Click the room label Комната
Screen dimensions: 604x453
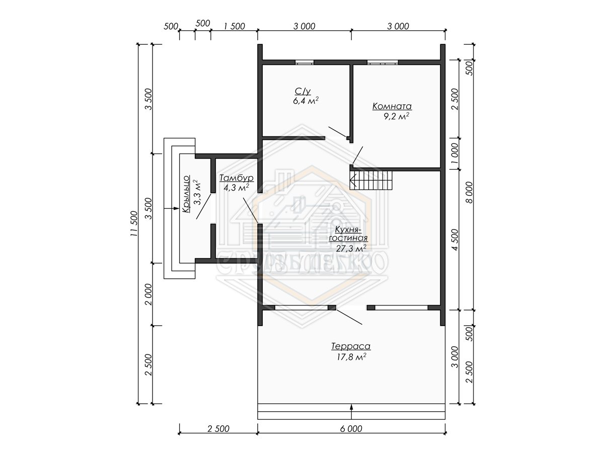392,106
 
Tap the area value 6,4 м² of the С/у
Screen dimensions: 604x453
306,101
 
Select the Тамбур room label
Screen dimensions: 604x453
237,178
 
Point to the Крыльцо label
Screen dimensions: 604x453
186,194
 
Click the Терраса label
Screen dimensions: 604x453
351,346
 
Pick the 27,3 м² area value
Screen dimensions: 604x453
351,248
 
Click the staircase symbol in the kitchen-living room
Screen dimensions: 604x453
370,180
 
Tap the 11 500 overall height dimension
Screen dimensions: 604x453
134,223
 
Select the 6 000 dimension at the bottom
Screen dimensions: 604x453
351,428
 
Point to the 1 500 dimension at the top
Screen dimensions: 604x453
234,26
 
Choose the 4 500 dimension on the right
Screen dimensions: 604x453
455,240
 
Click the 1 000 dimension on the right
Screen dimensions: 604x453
455,154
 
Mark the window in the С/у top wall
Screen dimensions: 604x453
305,62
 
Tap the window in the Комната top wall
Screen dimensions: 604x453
383,62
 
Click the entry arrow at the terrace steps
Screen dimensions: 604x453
351,411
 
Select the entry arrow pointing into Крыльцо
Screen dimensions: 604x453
172,208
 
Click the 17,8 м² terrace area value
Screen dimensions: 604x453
351,357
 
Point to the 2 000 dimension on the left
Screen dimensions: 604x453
148,294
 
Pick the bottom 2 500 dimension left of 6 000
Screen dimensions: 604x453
218,428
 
